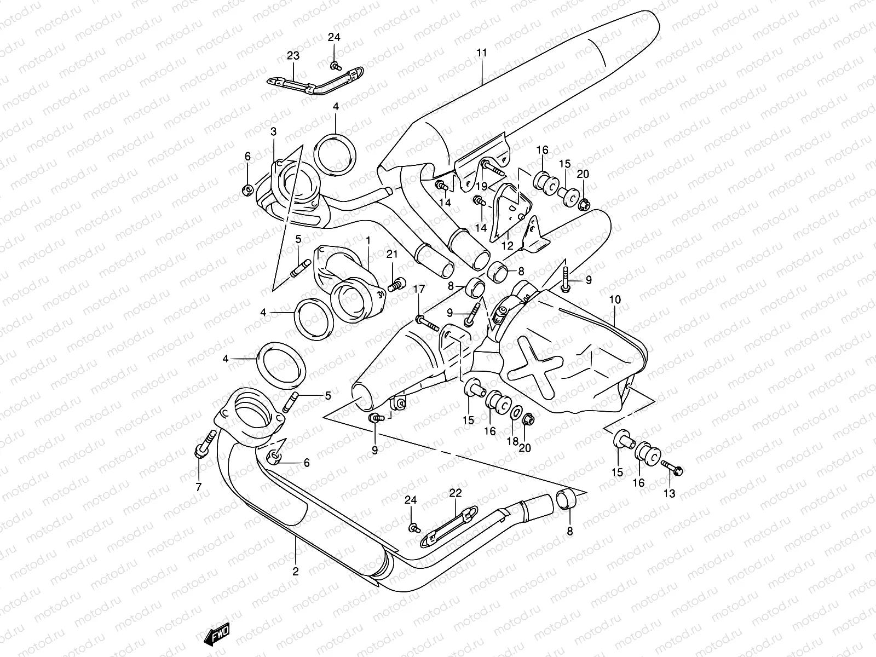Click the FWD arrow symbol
pyautogui.click(x=217, y=635)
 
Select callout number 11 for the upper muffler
pyautogui.click(x=481, y=53)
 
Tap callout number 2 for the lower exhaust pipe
pyautogui.click(x=296, y=572)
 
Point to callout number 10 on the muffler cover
pyautogui.click(x=615, y=299)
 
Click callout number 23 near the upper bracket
pyautogui.click(x=293, y=55)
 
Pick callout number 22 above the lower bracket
pyautogui.click(x=456, y=493)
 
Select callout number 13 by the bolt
pyautogui.click(x=669, y=493)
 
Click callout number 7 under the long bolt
pyautogui.click(x=198, y=487)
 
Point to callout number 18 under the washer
pyautogui.click(x=512, y=441)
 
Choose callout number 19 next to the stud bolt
pyautogui.click(x=481, y=187)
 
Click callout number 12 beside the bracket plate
pyautogui.click(x=507, y=245)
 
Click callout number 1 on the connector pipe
pyautogui.click(x=368, y=240)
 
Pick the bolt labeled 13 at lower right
pyautogui.click(x=673, y=468)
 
